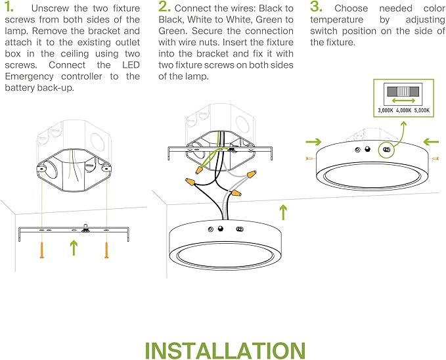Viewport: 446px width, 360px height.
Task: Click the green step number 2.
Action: point(164,7)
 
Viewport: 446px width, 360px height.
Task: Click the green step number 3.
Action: point(316,7)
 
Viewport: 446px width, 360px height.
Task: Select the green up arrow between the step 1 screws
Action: point(74,248)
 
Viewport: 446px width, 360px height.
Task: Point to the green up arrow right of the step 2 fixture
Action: point(283,212)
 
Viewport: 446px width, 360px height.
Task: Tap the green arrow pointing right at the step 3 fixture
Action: point(314,141)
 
